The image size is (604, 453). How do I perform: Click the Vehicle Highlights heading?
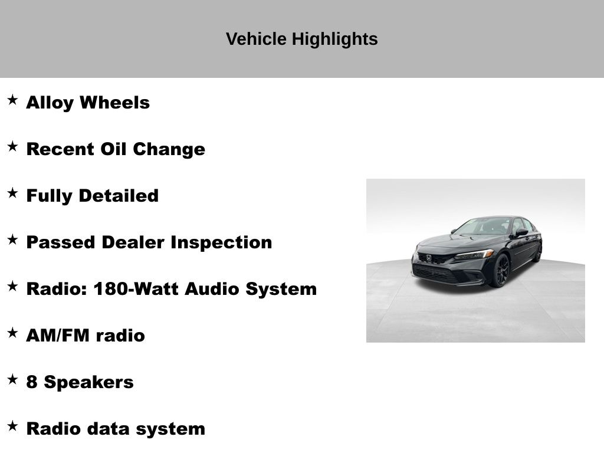301,39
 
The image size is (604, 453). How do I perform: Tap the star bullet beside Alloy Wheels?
12,100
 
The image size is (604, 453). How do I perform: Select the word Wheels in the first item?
115,103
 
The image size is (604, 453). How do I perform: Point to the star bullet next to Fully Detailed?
12,193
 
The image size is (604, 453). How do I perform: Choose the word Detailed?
119,196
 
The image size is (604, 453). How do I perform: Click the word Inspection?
221,242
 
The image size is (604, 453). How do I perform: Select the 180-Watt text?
136,289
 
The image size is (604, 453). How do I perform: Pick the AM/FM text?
58,336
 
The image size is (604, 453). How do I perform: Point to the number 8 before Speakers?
32,382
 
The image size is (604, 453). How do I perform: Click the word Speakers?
88,382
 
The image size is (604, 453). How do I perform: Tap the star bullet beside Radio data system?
12,426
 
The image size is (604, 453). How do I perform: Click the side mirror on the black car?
521,232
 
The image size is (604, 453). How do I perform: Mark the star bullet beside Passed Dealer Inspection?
12,239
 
